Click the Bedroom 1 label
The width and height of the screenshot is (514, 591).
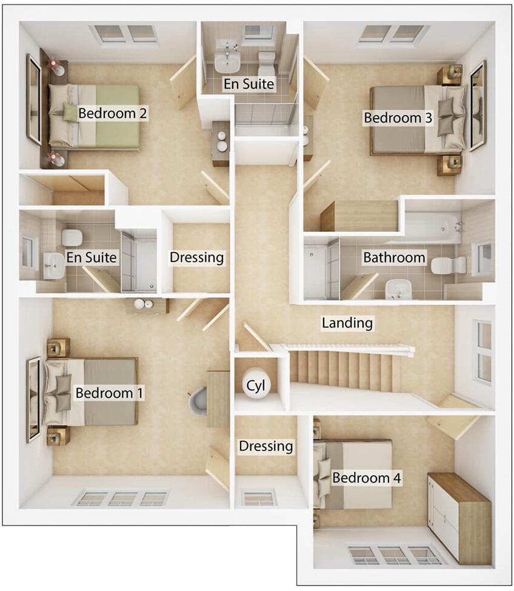109,393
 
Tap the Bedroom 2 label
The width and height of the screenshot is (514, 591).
113,113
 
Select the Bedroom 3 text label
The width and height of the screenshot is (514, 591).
398,117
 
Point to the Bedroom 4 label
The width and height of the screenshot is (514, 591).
367,478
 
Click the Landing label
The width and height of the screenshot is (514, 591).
347,323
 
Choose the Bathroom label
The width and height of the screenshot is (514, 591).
394,257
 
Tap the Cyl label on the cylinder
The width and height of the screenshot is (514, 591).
255,385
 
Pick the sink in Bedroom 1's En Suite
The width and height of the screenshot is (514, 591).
54,265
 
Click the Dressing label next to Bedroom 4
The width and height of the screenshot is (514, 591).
265,446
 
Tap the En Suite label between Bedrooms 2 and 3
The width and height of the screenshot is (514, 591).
249,84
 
